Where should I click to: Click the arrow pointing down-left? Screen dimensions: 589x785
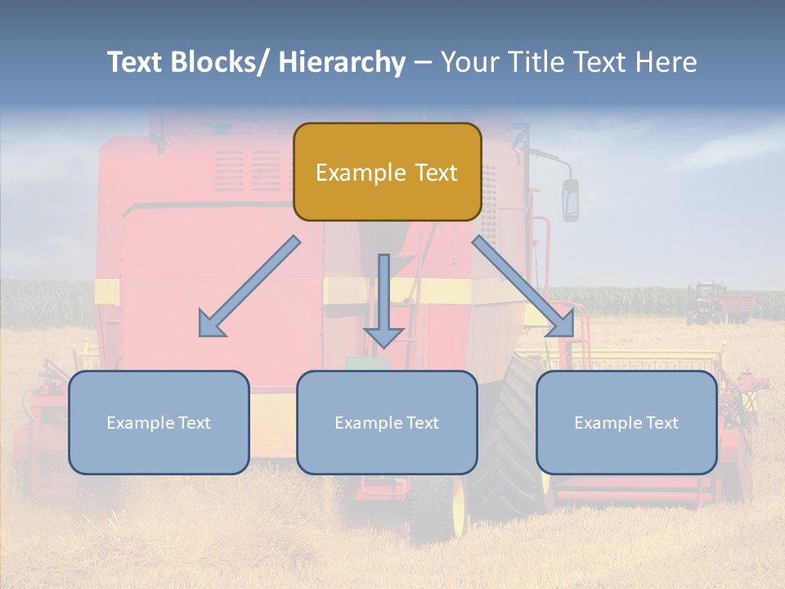coord(249,286)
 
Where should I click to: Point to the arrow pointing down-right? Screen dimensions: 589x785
coord(523,286)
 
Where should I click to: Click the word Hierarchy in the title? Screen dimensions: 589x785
coord(342,62)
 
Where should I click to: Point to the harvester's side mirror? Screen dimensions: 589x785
coord(570,200)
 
